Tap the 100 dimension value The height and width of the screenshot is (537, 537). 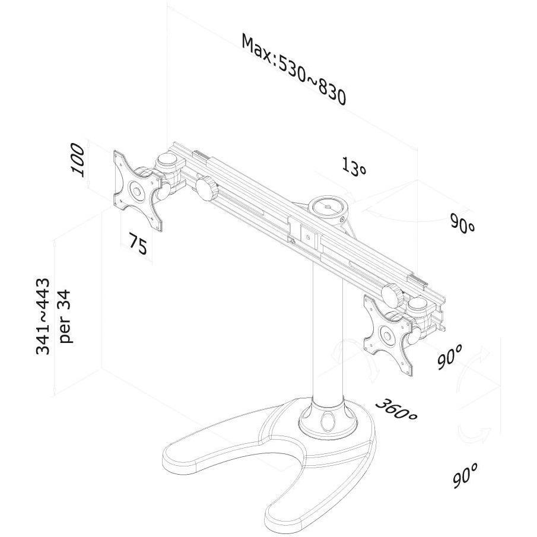pyautogui.click(x=77, y=160)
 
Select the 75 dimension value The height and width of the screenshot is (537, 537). pyautogui.click(x=138, y=243)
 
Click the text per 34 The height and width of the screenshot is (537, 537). pyautogui.click(x=65, y=316)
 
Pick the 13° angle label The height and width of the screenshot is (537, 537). pyautogui.click(x=354, y=167)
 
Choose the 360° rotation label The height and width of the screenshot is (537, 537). pyautogui.click(x=396, y=409)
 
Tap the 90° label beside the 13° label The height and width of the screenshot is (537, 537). pyautogui.click(x=462, y=223)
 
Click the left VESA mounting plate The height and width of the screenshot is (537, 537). pyautogui.click(x=138, y=190)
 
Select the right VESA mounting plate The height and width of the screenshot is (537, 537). pyautogui.click(x=389, y=334)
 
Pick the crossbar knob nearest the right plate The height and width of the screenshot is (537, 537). pyautogui.click(x=392, y=294)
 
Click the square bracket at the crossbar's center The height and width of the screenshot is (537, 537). pyautogui.click(x=309, y=237)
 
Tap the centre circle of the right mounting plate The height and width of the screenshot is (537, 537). pyautogui.click(x=387, y=335)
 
